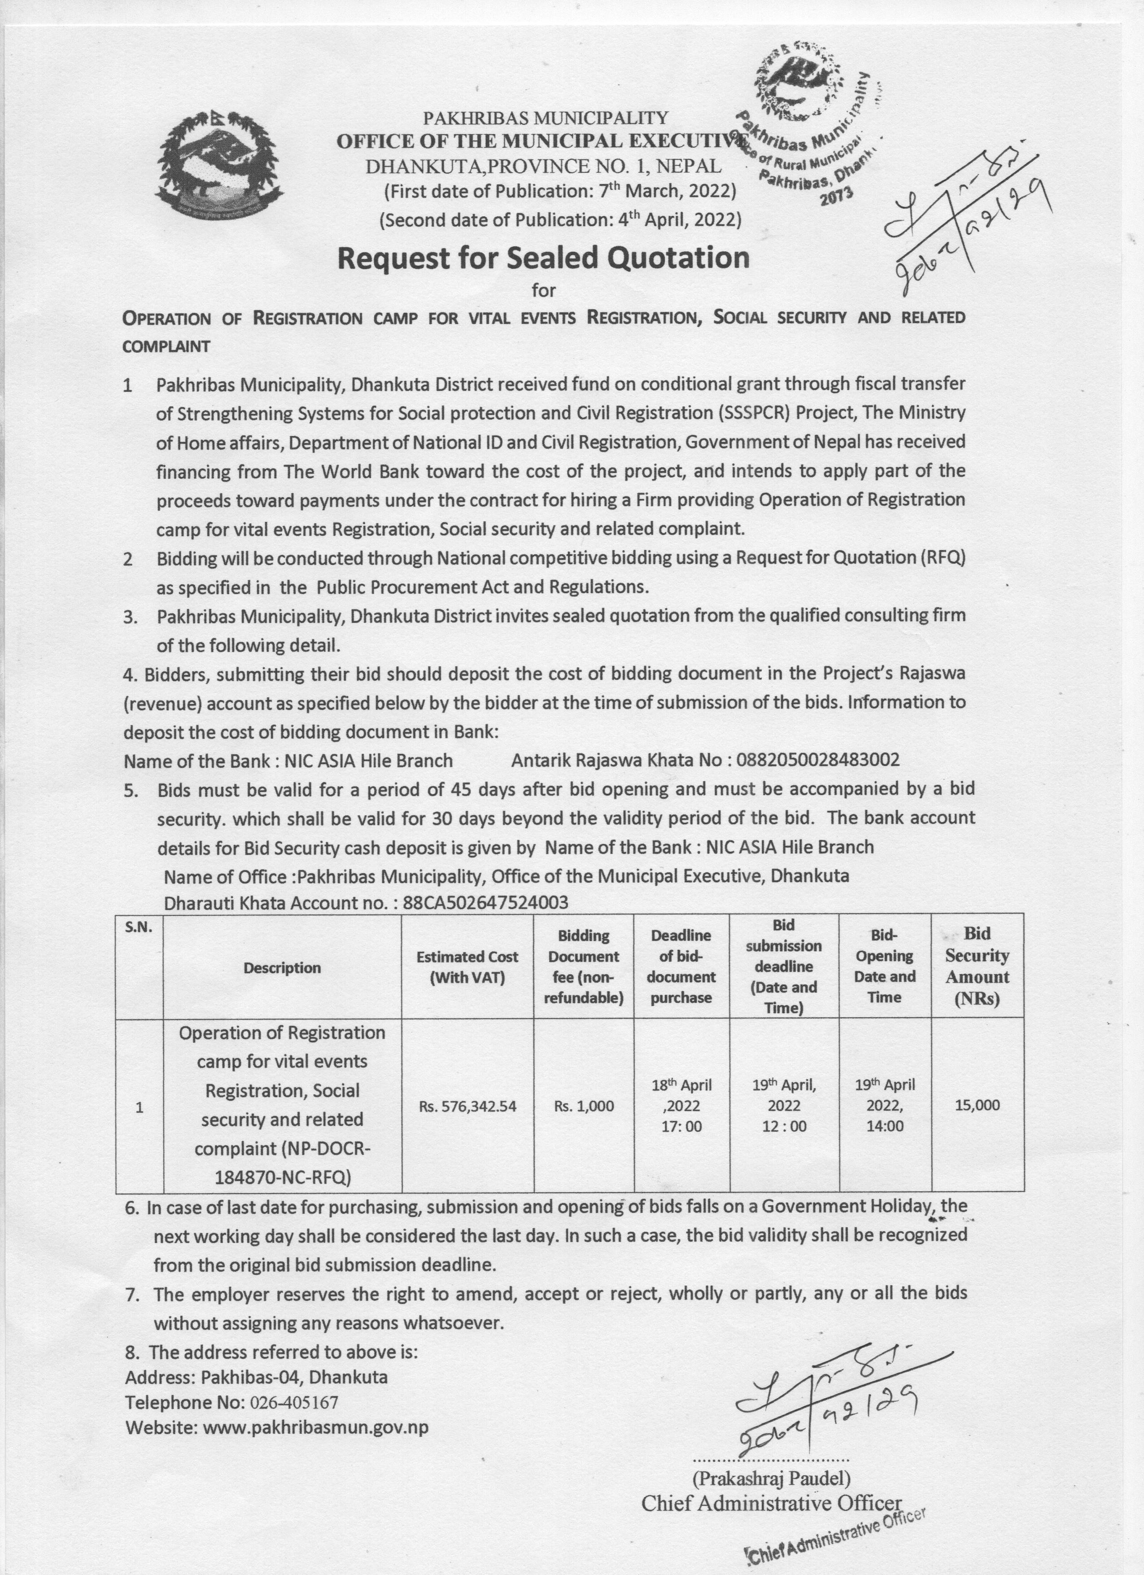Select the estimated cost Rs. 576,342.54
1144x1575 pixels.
[x=467, y=1106]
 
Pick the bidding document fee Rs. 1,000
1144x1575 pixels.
[x=584, y=1106]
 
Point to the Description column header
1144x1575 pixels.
[x=282, y=967]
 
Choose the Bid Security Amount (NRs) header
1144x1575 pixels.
[x=977, y=966]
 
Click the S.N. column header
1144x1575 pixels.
[x=139, y=927]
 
